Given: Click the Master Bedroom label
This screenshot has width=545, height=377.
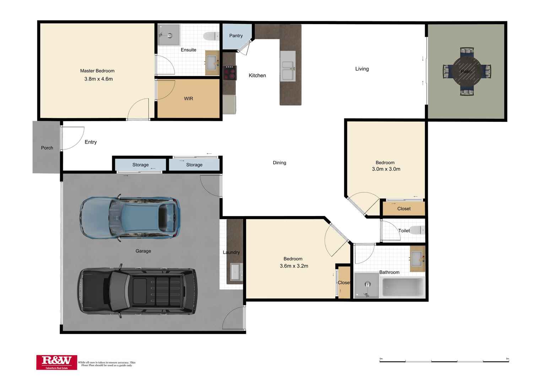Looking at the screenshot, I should click(x=97, y=71).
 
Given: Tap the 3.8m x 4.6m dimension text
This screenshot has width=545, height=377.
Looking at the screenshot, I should click(x=98, y=79).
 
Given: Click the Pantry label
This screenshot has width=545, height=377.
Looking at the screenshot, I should click(x=236, y=36).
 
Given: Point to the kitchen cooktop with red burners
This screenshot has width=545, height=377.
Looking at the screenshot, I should click(x=230, y=73).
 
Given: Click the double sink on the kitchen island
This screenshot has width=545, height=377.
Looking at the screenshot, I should click(x=288, y=70).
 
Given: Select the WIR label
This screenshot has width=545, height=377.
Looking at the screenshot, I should click(x=188, y=98).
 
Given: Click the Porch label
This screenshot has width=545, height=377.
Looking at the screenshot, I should click(x=47, y=148).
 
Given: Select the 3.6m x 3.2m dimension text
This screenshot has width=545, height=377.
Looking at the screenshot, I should click(x=294, y=266).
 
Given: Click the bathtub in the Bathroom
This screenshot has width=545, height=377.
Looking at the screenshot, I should click(x=403, y=287).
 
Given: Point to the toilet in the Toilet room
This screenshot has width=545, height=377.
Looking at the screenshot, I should click(x=417, y=230).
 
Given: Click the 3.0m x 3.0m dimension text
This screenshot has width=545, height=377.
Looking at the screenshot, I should click(x=386, y=169).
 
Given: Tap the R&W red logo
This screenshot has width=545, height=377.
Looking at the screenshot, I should click(x=56, y=362).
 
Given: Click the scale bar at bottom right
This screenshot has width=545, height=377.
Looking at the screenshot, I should click(x=444, y=361).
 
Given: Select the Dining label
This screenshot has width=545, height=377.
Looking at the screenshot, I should click(x=279, y=163).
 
